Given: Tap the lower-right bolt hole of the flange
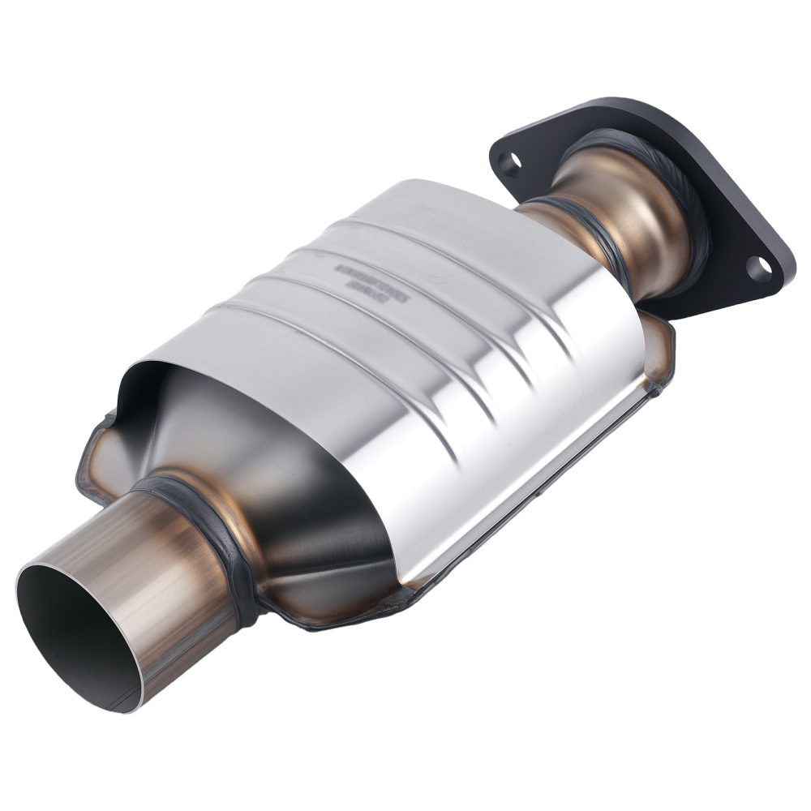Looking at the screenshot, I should [x=757, y=268].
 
